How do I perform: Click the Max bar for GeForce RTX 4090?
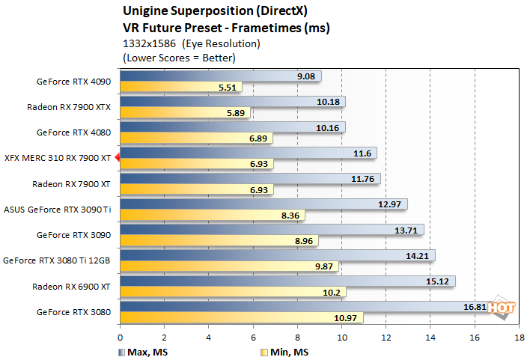click(217, 76)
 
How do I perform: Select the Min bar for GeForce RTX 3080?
click(240, 318)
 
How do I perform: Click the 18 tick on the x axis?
click(519, 338)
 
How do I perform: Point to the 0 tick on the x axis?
click(120, 338)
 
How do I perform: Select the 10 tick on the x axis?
click(341, 338)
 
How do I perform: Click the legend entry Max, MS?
click(140, 352)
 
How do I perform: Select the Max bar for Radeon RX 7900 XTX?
click(232, 101)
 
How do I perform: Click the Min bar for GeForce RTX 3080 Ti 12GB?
click(228, 266)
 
